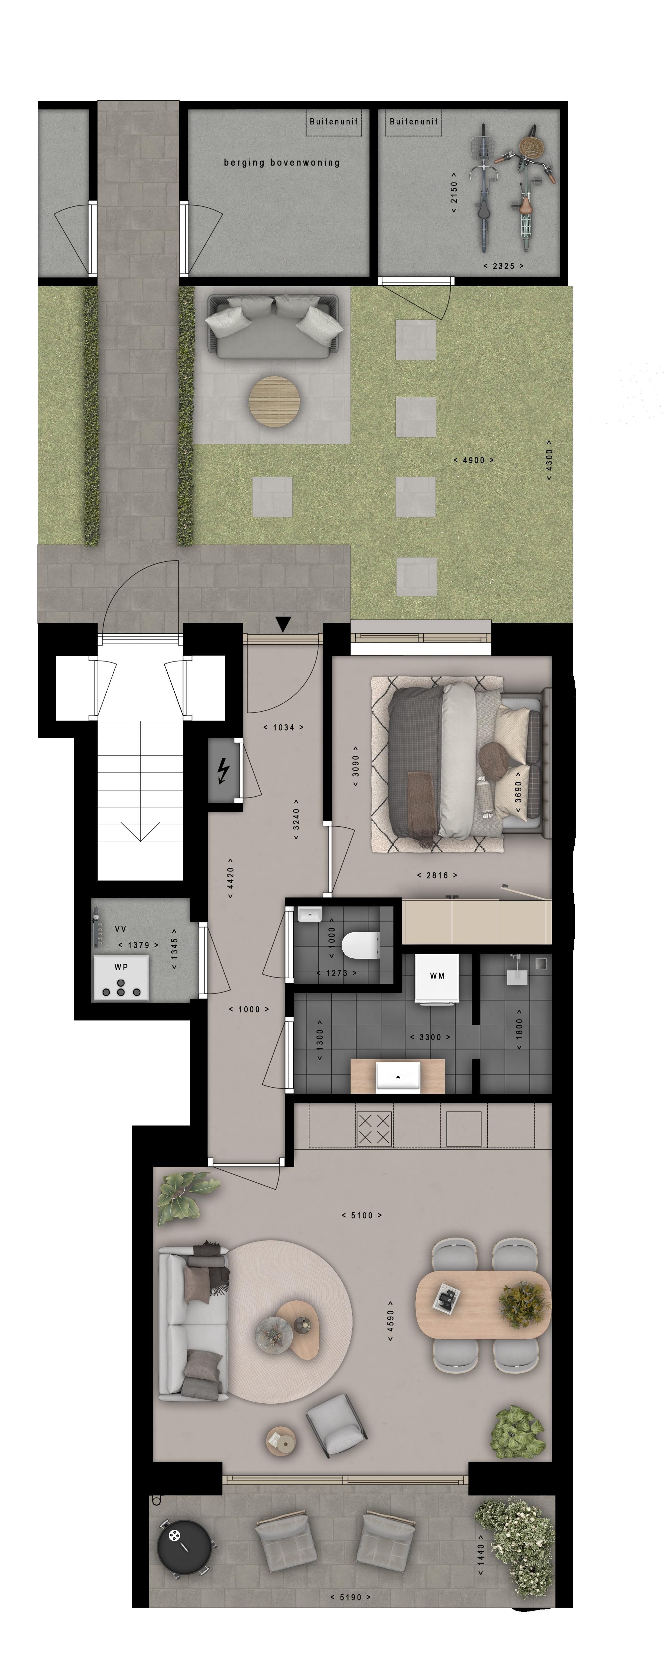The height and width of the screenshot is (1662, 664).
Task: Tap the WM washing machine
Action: coord(437,978)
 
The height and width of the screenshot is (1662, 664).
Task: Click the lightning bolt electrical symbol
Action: coord(223,771)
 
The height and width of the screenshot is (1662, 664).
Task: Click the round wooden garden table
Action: coord(275,400)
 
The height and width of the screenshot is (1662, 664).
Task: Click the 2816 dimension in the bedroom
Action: coord(437,876)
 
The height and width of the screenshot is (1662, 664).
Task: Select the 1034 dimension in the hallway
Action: coord(283,728)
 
